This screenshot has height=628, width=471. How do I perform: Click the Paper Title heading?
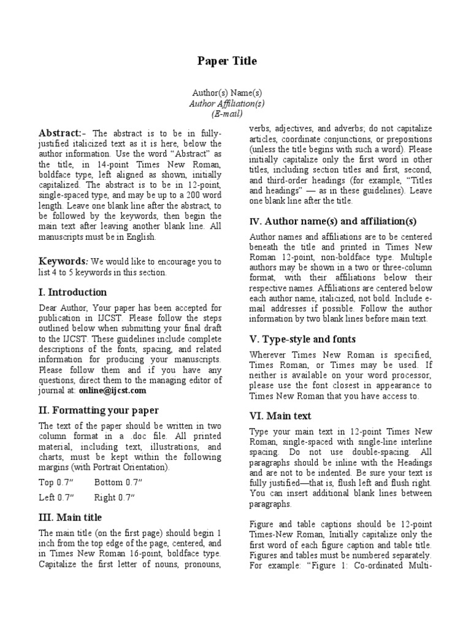227,61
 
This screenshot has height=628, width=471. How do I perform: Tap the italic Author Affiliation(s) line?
227,103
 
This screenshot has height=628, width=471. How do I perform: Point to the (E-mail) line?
227,114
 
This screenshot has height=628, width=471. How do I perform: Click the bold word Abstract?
60,133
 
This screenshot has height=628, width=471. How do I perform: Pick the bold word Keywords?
62,261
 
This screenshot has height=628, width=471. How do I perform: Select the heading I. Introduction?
72,293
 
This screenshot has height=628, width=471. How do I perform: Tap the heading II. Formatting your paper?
99,410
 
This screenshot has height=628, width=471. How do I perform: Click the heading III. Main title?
70,518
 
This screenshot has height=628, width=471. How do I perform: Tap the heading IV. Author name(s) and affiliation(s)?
333,221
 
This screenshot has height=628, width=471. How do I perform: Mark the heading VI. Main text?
280,416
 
